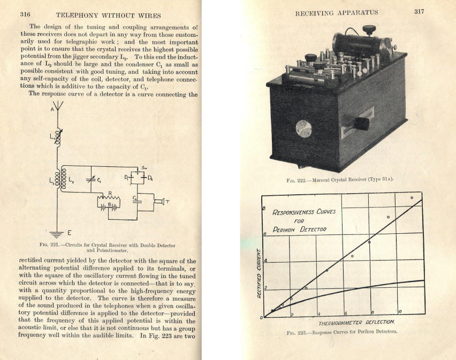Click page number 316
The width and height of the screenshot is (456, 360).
coord(25,14)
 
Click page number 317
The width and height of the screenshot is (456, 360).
coord(419,12)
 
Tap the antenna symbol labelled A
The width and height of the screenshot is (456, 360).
coord(58,105)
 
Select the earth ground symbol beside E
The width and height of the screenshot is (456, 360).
coord(57,233)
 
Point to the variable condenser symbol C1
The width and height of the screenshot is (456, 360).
coord(91,180)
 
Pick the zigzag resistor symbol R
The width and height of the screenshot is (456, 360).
coord(109,198)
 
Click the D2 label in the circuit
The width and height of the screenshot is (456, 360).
coord(150,179)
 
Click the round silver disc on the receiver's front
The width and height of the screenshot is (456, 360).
coord(303,128)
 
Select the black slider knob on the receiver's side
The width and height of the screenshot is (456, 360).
coord(362,124)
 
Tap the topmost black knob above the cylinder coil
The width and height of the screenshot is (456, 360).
coord(369,29)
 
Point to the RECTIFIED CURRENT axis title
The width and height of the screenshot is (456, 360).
coord(259,273)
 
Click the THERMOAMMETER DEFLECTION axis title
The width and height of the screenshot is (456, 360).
coord(356,322)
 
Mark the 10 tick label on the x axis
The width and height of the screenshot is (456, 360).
coord(400,311)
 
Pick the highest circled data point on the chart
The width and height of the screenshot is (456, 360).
coord(412,197)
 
